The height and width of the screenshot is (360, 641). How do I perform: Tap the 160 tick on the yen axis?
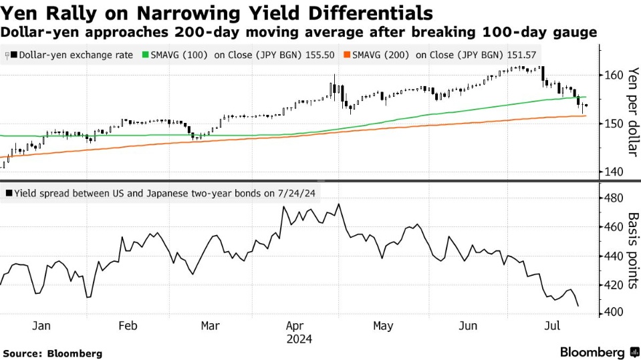[613, 75]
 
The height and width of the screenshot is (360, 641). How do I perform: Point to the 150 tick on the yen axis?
[613, 124]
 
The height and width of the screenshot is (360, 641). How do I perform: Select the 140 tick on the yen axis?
[613, 172]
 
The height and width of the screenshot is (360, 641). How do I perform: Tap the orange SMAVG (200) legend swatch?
[347, 56]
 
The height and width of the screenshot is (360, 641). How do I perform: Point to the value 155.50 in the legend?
[322, 56]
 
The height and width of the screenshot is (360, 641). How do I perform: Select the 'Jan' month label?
[41, 326]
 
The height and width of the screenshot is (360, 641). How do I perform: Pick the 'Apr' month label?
[295, 326]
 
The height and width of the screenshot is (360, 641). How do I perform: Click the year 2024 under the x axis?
[299, 339]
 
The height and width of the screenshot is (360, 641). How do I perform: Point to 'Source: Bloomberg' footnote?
[53, 353]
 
